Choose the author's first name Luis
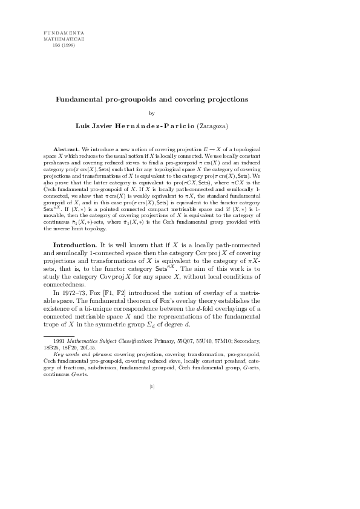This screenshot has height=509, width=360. [82, 126]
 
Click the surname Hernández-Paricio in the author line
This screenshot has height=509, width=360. [153, 126]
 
